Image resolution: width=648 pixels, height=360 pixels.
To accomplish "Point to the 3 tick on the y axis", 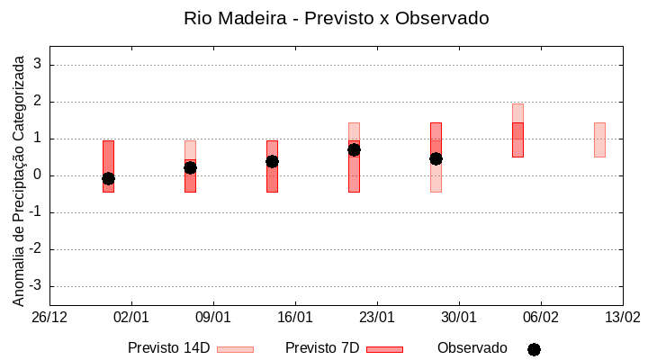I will tap(38, 65).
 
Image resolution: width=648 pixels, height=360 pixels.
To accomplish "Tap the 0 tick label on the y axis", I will tap(38, 175).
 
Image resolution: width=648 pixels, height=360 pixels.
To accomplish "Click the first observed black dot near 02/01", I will tap(108, 178).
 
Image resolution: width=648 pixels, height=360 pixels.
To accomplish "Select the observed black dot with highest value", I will tap(354, 149).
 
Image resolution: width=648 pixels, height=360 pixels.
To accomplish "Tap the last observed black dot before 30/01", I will tap(436, 158).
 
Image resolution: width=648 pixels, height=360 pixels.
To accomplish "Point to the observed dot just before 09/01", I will tap(190, 167).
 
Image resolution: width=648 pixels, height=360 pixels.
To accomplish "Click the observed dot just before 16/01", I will tap(272, 161).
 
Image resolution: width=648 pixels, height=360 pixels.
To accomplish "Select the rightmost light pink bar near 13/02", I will tap(599, 139).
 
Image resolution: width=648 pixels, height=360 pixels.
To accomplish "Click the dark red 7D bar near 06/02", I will tap(517, 139).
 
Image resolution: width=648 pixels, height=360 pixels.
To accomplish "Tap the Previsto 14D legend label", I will tap(168, 348).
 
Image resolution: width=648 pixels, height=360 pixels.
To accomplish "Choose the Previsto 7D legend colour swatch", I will tap(384, 349).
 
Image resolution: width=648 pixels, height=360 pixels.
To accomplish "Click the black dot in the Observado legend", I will tap(534, 349).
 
